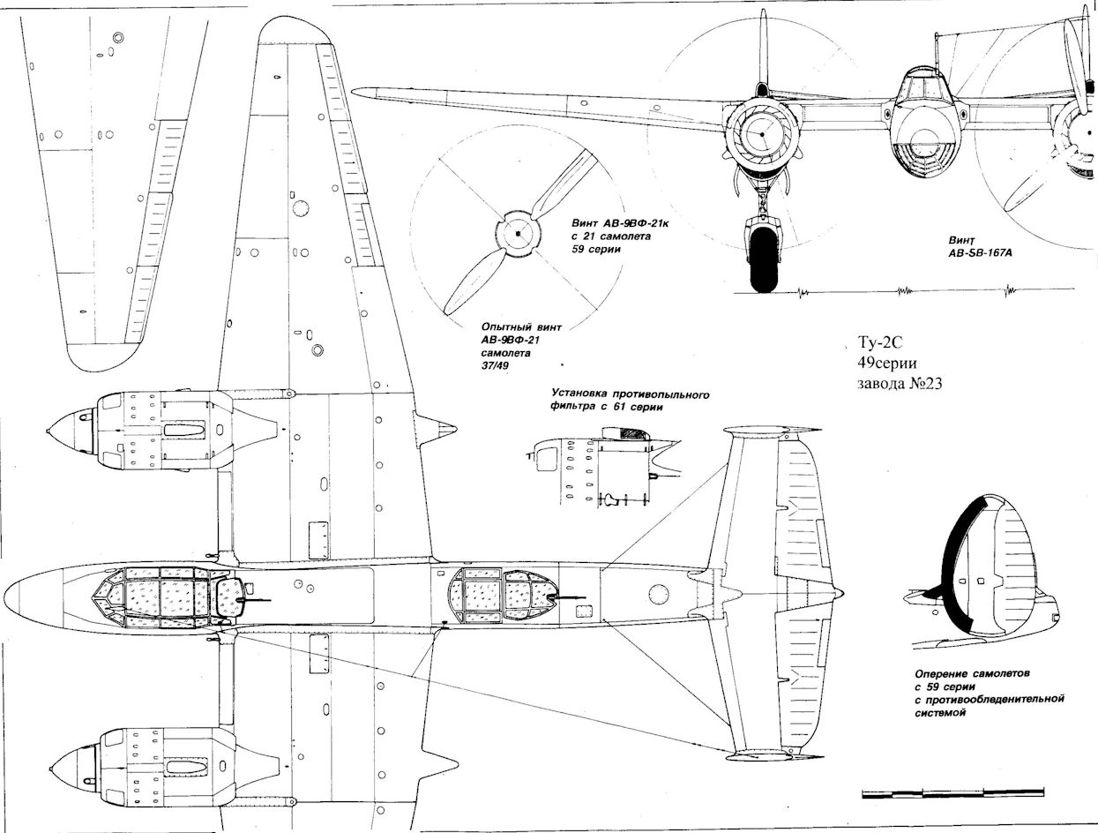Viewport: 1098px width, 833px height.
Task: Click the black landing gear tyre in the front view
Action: click(x=764, y=261)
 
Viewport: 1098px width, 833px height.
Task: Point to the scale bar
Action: click(x=952, y=792)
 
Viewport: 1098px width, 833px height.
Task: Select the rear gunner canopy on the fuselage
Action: click(x=503, y=593)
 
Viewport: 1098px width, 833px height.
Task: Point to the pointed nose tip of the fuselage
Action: click(x=9, y=594)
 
